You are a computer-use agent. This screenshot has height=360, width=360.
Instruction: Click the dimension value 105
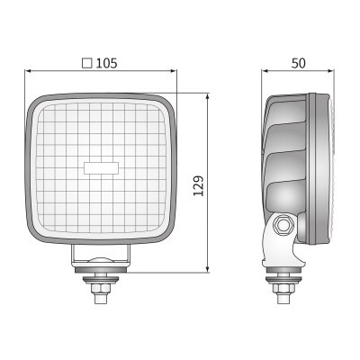coord(106,63)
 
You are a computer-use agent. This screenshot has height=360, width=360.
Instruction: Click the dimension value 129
coord(198,186)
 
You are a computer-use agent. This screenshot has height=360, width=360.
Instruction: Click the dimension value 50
coord(299,63)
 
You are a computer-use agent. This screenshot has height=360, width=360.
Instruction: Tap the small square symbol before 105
coord(87,63)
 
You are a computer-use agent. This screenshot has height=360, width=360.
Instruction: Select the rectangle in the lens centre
coord(102,168)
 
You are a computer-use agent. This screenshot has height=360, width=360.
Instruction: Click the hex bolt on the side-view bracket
coord(282,225)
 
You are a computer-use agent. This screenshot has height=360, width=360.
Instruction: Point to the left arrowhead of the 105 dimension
coord(28,71)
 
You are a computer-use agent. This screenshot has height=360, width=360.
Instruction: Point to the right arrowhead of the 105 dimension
coord(174,71)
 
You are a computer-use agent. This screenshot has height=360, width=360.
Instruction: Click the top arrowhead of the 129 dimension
coord(208,97)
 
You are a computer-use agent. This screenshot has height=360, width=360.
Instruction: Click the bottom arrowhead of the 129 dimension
coord(208,269)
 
